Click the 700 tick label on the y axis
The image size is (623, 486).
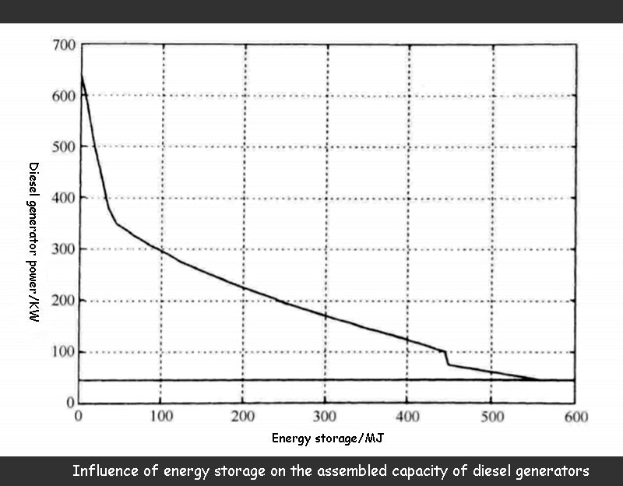click(x=63, y=45)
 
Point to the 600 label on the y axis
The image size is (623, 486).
click(x=63, y=96)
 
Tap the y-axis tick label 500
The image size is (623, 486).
click(x=63, y=147)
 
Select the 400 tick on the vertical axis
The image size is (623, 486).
click(x=63, y=199)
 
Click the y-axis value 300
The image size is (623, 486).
click(x=63, y=250)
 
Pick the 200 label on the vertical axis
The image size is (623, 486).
click(x=63, y=301)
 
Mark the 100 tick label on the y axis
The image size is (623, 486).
click(x=63, y=352)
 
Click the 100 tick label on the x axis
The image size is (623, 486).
click(x=160, y=417)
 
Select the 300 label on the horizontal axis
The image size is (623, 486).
click(x=326, y=417)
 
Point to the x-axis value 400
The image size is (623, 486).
click(x=408, y=417)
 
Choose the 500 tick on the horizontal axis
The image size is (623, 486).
click(x=491, y=417)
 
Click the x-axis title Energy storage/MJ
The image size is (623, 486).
click(x=328, y=438)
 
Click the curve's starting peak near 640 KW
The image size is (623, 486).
click(x=80, y=75)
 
